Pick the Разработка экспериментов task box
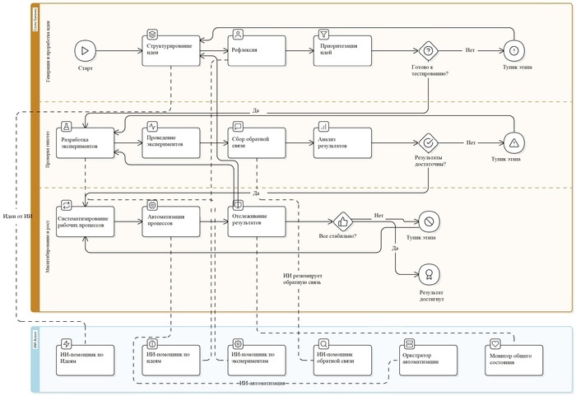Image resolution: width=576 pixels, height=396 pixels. click(87, 142)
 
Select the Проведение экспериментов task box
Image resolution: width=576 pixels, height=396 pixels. click(172, 141)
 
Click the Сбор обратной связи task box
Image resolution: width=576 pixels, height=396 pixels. click(257, 141)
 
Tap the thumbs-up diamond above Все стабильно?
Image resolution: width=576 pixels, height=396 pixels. click(343, 221)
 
